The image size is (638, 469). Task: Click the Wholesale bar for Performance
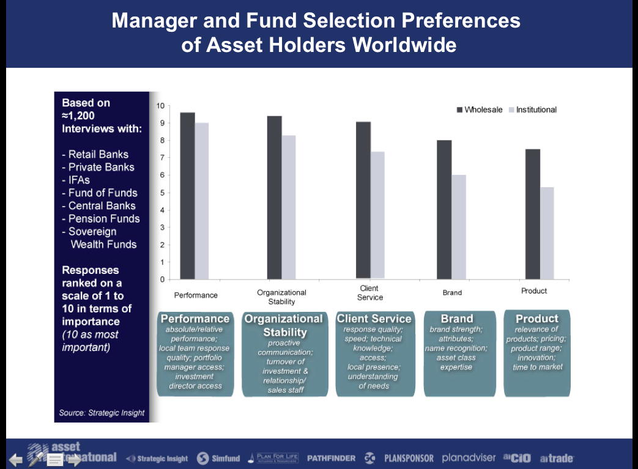pos(187,196)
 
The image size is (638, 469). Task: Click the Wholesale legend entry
pos(480,109)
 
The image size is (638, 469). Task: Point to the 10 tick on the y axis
pos(160,105)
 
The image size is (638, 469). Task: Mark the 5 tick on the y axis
pos(161,193)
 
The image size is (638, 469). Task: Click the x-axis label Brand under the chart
pos(452,293)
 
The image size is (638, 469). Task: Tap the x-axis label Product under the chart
pos(534,291)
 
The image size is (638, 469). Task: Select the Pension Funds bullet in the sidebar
pos(102,218)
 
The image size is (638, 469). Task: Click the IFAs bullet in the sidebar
pos(76,180)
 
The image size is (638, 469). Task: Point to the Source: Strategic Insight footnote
pos(102,413)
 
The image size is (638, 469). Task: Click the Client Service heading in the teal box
pos(374,319)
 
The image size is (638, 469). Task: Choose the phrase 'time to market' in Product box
pos(538,367)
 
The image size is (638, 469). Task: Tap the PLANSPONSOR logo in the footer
pos(409,458)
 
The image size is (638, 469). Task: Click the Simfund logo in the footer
pos(219,459)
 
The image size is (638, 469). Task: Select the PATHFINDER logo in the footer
pos(331,458)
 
